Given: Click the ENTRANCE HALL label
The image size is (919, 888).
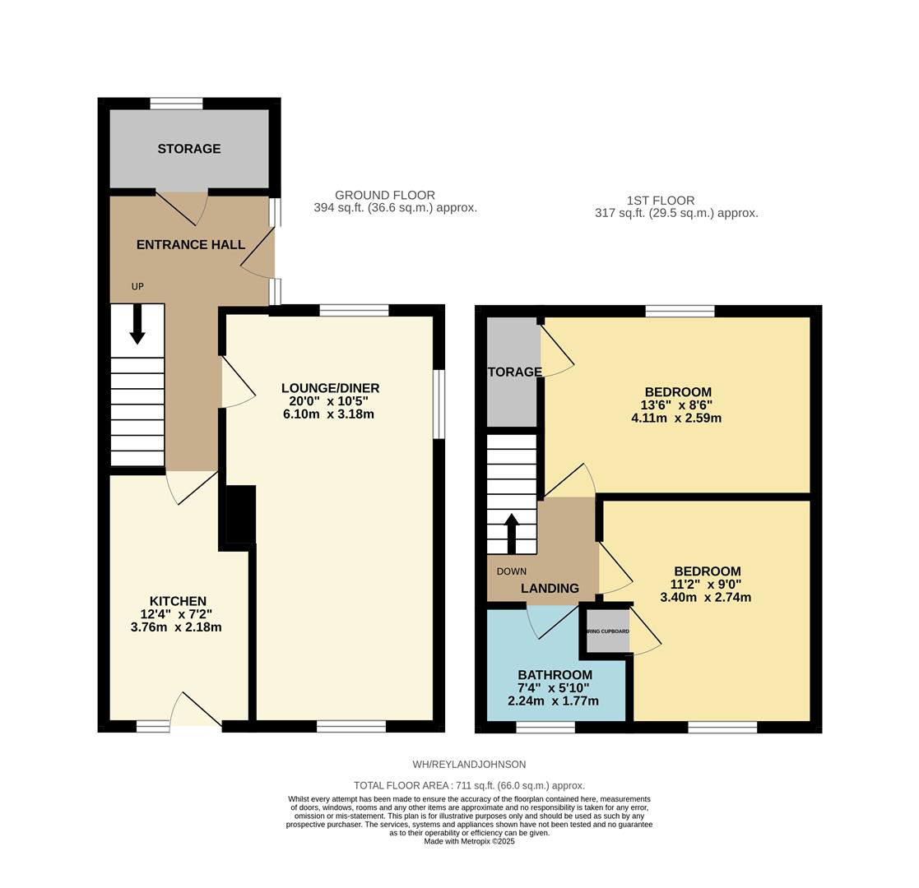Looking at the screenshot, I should tap(190, 245).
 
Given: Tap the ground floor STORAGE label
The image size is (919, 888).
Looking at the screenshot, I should tap(189, 149).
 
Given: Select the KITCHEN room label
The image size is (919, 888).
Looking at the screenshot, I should tap(178, 601).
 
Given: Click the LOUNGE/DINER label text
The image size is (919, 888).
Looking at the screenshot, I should tap(330, 388).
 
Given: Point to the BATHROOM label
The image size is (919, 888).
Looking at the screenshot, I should tap(555, 675).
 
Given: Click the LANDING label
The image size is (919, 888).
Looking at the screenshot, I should tap(550, 588).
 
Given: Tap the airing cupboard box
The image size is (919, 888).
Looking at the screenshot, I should tap(608, 631).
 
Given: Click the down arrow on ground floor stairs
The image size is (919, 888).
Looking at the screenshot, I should tap(137, 324).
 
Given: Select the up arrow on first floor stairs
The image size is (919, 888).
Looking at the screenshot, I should tap(511, 533).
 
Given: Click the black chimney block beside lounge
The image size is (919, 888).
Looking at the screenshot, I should tap(239, 514).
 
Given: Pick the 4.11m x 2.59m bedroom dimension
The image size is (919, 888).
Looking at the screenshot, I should tap(676, 418).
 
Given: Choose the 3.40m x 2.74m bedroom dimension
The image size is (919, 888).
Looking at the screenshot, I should tap(706, 598).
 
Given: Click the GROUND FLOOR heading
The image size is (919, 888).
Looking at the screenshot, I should tap(385, 195).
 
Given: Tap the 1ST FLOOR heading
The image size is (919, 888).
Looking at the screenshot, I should tap(660, 201).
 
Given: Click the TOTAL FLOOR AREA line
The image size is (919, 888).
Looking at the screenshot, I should tap(469, 785).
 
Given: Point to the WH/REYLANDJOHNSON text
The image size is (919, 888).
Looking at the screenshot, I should tap(469, 764).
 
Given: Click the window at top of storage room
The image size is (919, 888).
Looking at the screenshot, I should tap(176, 104).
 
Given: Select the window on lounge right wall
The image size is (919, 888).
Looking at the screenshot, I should tap(439, 404).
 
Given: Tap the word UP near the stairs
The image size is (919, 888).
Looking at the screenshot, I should tap(137, 287).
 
